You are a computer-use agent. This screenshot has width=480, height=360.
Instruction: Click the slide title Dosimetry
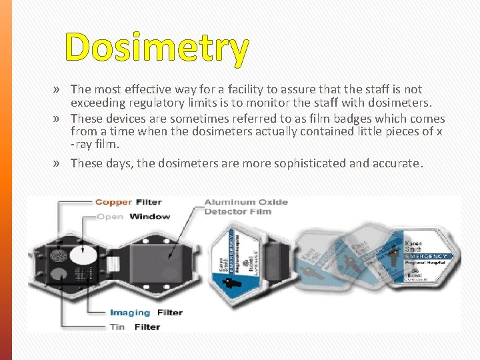(157, 48)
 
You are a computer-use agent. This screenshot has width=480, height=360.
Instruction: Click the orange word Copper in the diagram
(113, 202)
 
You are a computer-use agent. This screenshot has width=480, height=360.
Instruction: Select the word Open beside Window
(110, 217)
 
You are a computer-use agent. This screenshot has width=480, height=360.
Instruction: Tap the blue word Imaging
(129, 312)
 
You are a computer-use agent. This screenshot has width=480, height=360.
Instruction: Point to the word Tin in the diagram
(117, 327)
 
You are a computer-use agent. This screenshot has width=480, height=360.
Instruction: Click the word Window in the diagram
(150, 217)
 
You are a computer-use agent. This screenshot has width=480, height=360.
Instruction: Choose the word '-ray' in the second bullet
(84, 144)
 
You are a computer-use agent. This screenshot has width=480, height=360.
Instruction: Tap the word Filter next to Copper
(149, 202)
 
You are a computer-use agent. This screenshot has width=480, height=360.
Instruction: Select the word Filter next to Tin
(147, 327)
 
